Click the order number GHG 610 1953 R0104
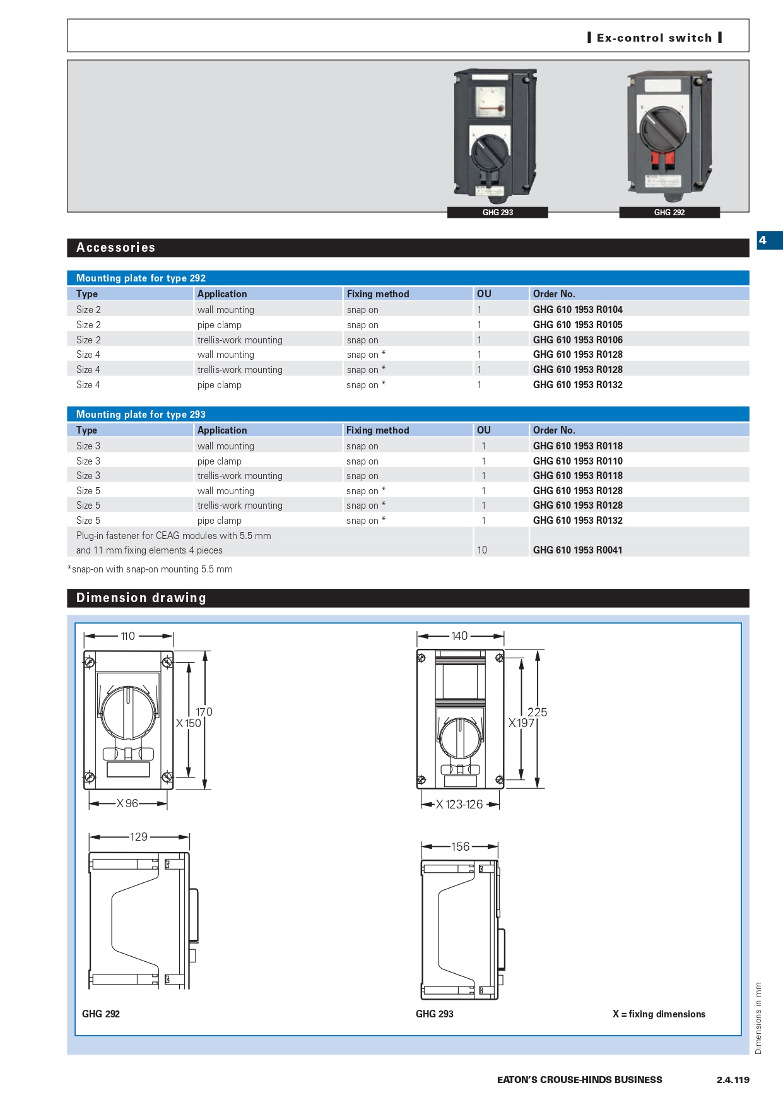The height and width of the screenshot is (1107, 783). [577, 309]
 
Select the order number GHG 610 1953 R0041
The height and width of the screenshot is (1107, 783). [577, 550]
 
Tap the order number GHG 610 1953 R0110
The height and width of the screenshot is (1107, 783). [577, 461]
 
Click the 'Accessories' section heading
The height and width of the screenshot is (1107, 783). [115, 247]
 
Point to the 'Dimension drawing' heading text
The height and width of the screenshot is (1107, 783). [141, 598]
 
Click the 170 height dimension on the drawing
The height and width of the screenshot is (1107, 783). [204, 712]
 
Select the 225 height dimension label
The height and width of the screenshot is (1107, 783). [537, 713]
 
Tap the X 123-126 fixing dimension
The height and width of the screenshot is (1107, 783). [460, 804]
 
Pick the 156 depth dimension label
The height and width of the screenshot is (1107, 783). [460, 846]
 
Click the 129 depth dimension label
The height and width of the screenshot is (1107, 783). [139, 837]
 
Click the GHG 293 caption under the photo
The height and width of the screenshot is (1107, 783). [497, 213]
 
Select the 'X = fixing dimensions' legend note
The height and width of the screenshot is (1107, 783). [659, 1014]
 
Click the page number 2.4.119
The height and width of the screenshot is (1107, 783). [733, 1079]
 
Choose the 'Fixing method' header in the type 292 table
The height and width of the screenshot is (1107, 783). [377, 294]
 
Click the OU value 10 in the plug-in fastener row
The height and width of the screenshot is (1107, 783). [482, 550]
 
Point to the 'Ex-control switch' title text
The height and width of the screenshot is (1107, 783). [654, 38]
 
